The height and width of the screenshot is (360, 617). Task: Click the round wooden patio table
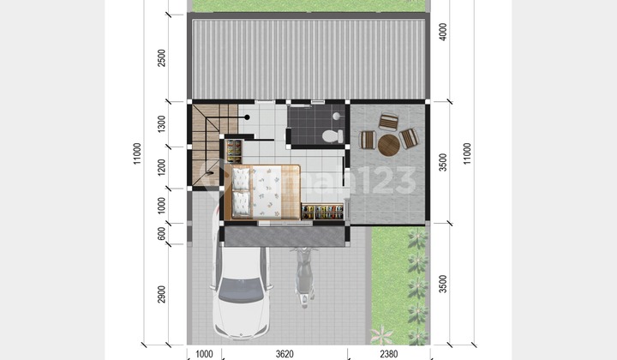(x=389, y=143)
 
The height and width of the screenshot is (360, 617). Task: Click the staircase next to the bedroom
(x=206, y=141)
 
